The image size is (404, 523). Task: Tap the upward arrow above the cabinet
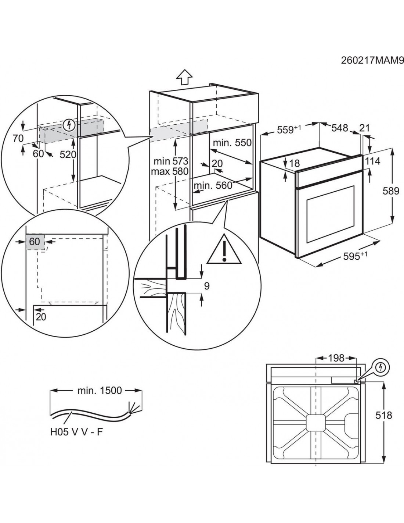point(184,78)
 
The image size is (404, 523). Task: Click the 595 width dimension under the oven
point(354,256)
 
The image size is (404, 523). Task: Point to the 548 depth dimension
point(340,128)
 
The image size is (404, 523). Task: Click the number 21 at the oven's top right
point(365,128)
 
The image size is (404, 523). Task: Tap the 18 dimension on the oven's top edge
point(295,163)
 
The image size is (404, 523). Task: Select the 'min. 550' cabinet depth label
point(233,143)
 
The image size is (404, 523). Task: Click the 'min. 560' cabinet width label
point(213,185)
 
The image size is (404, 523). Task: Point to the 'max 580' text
point(171,171)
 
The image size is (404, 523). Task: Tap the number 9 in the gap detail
point(207,286)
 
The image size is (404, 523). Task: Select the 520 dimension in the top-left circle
point(68,154)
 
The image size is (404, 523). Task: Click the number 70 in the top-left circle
point(18,138)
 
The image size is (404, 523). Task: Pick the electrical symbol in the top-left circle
point(69,126)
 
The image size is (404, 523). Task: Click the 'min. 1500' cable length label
point(99,390)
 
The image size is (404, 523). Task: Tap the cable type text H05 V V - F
point(76,431)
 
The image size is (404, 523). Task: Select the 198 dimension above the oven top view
point(336,357)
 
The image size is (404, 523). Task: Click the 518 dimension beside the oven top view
point(384,415)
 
